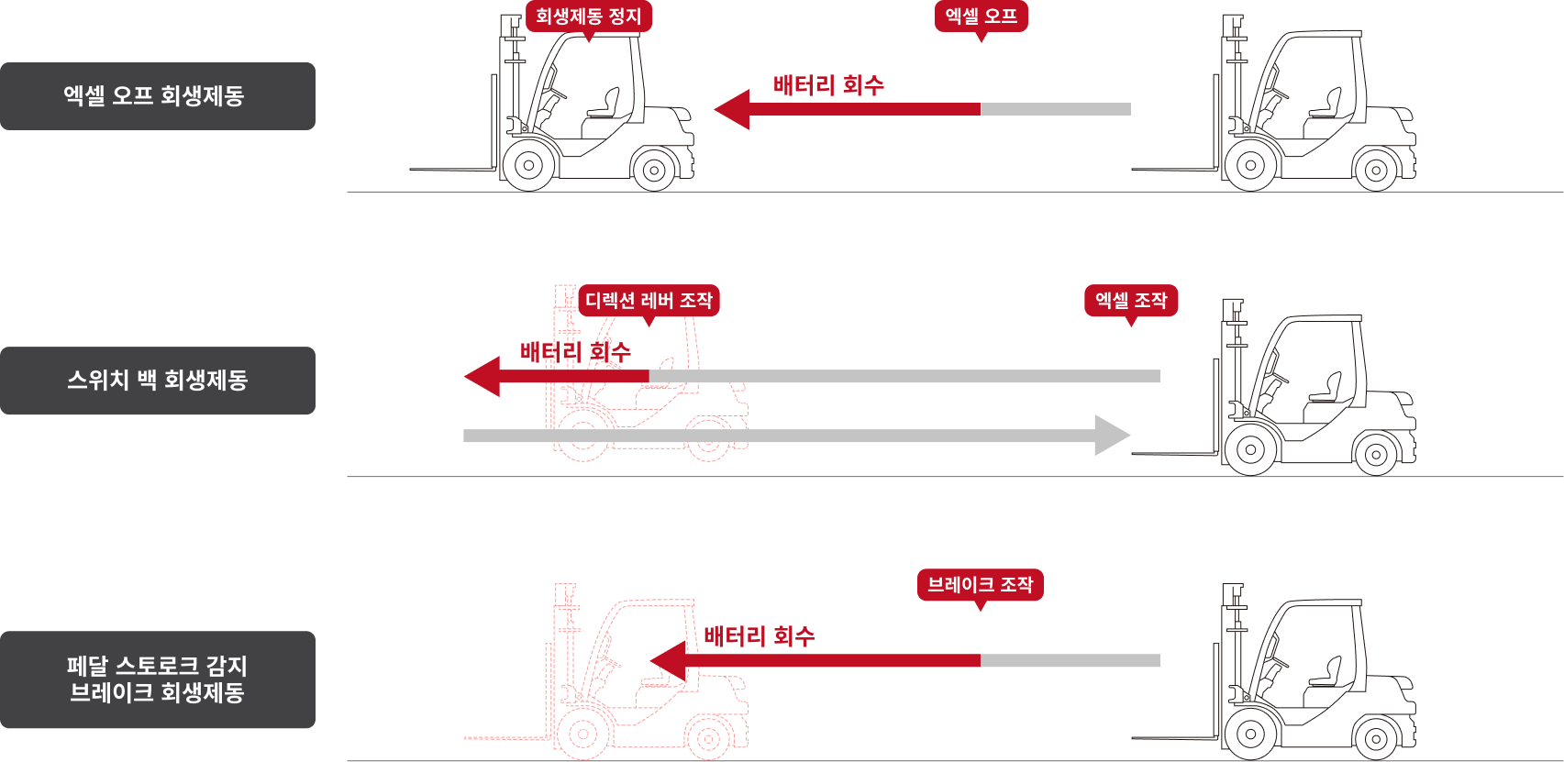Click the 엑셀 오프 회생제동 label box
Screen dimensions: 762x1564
(x=157, y=96)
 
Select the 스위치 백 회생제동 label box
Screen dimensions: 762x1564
(x=157, y=381)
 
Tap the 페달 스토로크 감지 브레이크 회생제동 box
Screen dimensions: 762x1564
(x=157, y=679)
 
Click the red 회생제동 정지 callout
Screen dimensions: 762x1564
(x=588, y=17)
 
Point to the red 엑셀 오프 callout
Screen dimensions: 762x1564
(x=981, y=17)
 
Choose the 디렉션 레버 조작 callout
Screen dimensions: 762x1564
(x=649, y=301)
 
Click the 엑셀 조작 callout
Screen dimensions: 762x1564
(x=1131, y=301)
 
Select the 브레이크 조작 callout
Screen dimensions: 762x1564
(x=980, y=585)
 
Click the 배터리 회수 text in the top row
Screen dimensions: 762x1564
(x=828, y=85)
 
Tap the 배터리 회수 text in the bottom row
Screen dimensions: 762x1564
(x=759, y=635)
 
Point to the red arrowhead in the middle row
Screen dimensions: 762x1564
(x=483, y=376)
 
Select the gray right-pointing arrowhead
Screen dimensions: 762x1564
(x=1112, y=436)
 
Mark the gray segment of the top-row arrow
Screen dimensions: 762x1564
(x=1056, y=109)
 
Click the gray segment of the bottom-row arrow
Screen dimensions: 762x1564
(x=1070, y=660)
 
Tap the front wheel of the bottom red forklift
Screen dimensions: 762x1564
(x=583, y=734)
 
